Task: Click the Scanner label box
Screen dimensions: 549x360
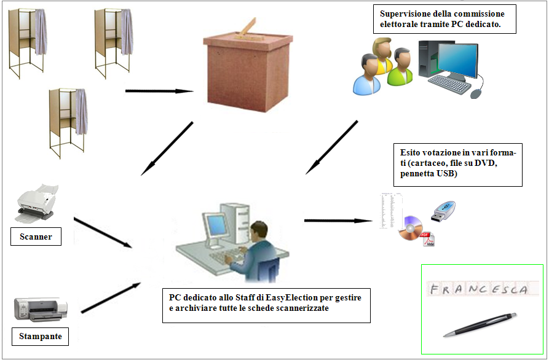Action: pos(36,237)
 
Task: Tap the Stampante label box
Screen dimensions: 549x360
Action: pos(40,336)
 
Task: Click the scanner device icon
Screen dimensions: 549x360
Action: pos(36,203)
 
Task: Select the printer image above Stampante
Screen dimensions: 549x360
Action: pos(41,309)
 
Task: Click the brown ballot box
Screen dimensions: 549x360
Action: pos(248,72)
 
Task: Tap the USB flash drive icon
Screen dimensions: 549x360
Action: pos(443,212)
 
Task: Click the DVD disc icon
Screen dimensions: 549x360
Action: pos(410,229)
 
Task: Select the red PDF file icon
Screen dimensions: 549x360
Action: pos(429,240)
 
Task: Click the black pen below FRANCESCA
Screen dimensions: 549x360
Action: pos(480,324)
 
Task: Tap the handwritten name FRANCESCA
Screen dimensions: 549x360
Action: pos(479,289)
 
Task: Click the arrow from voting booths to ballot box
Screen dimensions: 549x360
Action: pos(159,92)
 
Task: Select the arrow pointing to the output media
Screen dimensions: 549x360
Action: pos(338,221)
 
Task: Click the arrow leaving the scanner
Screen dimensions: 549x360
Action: pos(103,233)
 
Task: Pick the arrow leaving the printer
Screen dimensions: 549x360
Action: pos(111,297)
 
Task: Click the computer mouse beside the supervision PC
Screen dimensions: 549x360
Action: pos(476,93)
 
